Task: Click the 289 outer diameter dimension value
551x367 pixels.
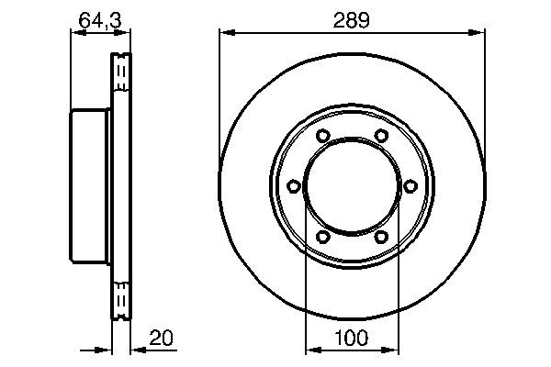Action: pos(351,20)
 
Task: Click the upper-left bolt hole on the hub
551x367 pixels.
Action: pos(321,137)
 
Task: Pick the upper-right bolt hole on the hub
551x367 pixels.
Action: pos(380,137)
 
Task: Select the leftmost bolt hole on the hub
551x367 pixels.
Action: pos(292,187)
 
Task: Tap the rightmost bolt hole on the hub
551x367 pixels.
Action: pos(410,187)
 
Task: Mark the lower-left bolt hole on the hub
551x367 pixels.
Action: pos(321,238)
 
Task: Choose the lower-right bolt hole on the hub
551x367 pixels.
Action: pos(380,238)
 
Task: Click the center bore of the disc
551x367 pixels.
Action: pos(351,187)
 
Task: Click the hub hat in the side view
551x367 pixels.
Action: pos(90,187)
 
